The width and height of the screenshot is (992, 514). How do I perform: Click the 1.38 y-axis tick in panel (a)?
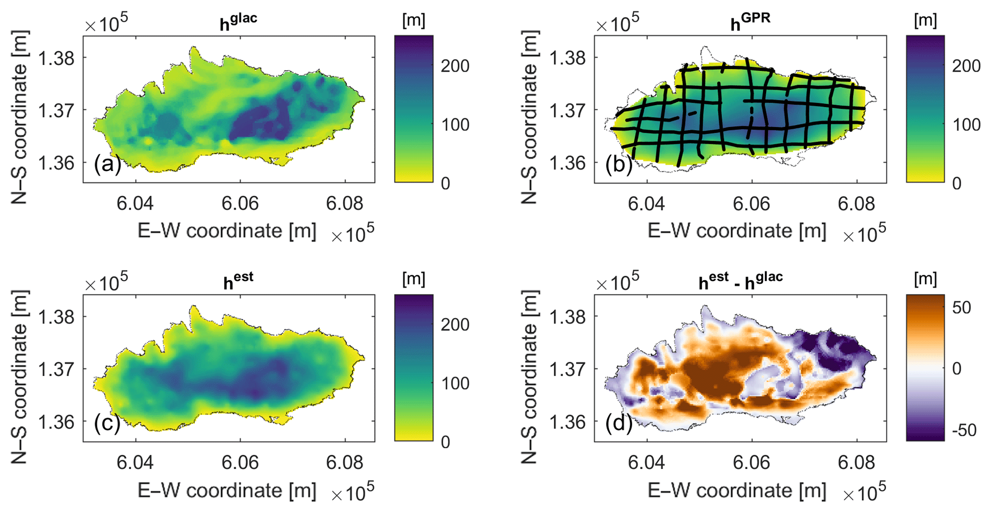coord(56,58)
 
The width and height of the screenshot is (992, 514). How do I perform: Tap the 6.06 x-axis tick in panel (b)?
coord(751,204)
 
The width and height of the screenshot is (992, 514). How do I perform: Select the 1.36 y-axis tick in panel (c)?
coord(56,422)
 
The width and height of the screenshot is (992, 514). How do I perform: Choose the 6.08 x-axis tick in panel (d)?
coord(856,463)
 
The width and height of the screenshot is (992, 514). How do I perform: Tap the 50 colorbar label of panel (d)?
coord(961,307)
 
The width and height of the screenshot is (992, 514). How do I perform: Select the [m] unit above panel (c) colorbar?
coord(413,279)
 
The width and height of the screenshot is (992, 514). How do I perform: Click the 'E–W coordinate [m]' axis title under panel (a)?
coord(227,231)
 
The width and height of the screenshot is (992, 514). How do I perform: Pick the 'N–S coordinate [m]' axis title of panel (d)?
coord(529,377)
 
